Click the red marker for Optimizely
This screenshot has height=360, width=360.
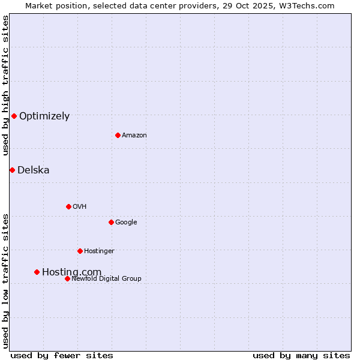pyautogui.click(x=14, y=116)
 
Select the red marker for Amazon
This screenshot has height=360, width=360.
pyautogui.click(x=118, y=135)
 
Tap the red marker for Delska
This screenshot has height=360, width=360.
pyautogui.click(x=12, y=170)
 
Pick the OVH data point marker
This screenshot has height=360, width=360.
pyautogui.click(x=68, y=206)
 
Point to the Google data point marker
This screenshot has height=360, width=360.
pyautogui.click(x=111, y=222)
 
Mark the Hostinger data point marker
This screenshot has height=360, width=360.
pyautogui.click(x=80, y=251)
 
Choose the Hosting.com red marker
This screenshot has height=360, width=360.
pyautogui.click(x=37, y=272)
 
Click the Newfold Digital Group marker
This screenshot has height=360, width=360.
pyautogui.click(x=67, y=278)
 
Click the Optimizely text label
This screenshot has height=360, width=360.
pyautogui.click(x=44, y=116)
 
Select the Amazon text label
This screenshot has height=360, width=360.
pyautogui.click(x=134, y=136)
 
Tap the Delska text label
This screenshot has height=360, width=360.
pyautogui.click(x=34, y=170)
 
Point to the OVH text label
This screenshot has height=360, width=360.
pyautogui.click(x=80, y=207)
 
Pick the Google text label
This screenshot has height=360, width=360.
pyautogui.click(x=126, y=223)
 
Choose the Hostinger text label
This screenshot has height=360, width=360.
pyautogui.click(x=99, y=251)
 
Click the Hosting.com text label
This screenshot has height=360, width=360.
pyautogui.click(x=71, y=272)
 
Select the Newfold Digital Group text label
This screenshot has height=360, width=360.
pyautogui.click(x=106, y=279)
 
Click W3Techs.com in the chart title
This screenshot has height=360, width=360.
pyautogui.click(x=310, y=5)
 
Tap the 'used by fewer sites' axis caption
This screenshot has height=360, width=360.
pyautogui.click(x=62, y=355)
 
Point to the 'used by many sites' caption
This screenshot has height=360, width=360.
pyautogui.click(x=301, y=355)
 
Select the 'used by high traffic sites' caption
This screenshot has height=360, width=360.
pyautogui.click(x=5, y=85)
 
